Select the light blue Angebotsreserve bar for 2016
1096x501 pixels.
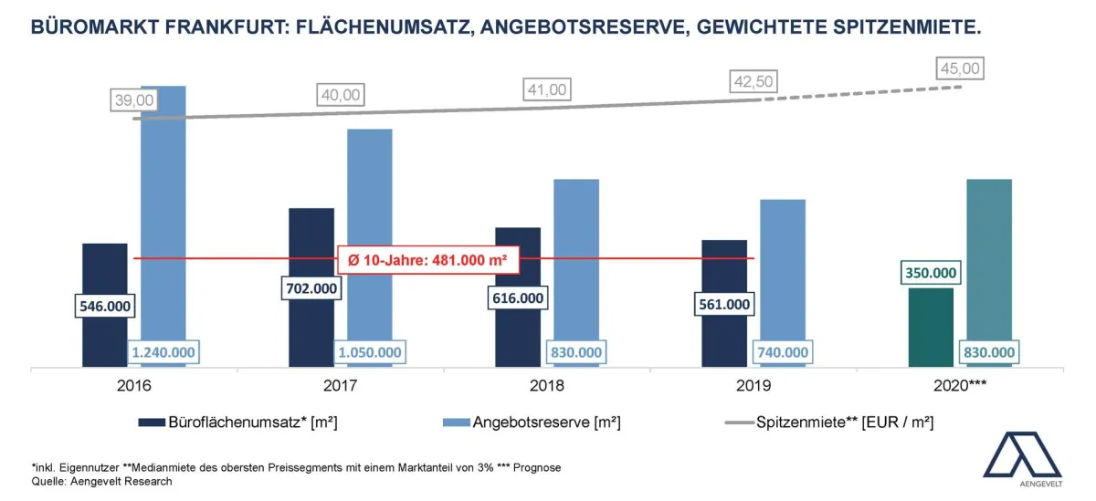tap(163, 210)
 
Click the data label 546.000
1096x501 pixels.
tap(105, 306)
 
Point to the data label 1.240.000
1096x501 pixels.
tap(163, 352)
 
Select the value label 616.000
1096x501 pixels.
tap(518, 297)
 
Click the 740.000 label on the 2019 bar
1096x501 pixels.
tap(783, 352)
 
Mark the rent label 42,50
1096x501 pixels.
tap(753, 82)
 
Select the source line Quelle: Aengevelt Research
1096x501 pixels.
tap(102, 481)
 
